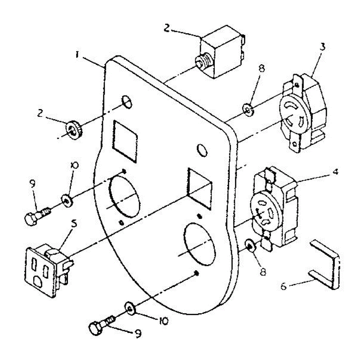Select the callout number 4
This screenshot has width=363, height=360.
coord(335,173)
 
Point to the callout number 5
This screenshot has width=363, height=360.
coord(74,224)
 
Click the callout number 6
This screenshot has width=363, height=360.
coord(283,286)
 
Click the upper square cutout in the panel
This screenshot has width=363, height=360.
coord(125,140)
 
